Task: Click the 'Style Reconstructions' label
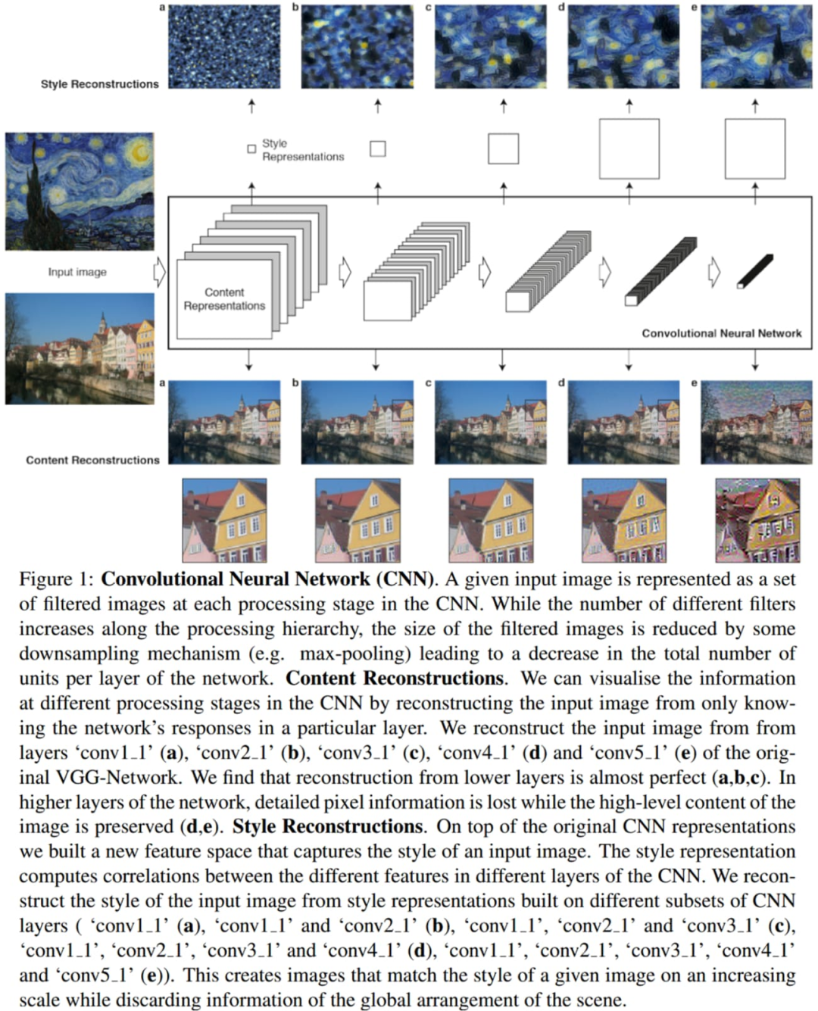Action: coord(99,84)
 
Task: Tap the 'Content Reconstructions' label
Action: coord(92,460)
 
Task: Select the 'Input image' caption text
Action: coord(77,272)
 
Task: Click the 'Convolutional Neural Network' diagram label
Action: coord(721,333)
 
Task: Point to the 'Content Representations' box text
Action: coord(224,299)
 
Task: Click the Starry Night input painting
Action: coord(80,192)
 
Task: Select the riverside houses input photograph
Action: coord(80,348)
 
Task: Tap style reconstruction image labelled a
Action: coord(224,47)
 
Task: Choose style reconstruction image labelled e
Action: coord(757,47)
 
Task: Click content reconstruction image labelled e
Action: coord(757,422)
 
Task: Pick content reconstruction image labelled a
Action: coord(224,422)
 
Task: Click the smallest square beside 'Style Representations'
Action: coord(251,149)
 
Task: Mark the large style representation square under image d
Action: coord(629,148)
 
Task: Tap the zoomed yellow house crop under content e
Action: coord(757,520)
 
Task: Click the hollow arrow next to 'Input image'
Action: coord(159,272)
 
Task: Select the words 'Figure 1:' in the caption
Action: coord(57,579)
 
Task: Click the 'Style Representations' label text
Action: coord(302,150)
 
